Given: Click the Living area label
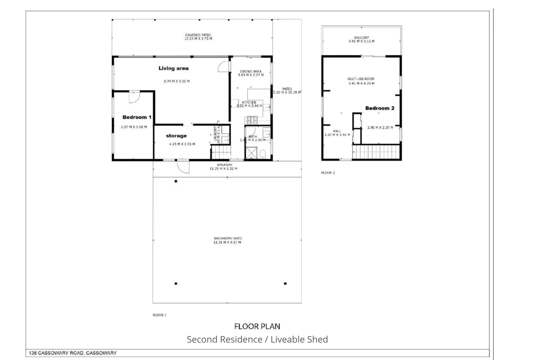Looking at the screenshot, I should (x=173, y=68).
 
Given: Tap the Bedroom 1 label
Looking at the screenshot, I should (x=137, y=117).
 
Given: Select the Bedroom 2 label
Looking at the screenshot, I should (x=380, y=108).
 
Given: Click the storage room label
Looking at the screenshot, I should (x=176, y=136).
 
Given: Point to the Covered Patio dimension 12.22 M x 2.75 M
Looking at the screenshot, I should (x=198, y=39).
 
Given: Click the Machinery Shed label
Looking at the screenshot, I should (x=228, y=239).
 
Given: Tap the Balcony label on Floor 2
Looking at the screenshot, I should (x=361, y=38).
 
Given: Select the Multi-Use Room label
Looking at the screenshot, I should (x=361, y=79).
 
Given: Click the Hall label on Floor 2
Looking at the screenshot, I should (x=337, y=131).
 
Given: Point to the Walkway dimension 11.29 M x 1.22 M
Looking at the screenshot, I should (x=223, y=169).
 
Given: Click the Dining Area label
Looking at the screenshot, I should (x=251, y=71).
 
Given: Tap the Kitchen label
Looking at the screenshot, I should (x=249, y=102).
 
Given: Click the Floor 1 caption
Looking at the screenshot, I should (x=159, y=315).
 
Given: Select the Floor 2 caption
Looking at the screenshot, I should (x=328, y=173).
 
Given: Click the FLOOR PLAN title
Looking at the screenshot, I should (x=257, y=326).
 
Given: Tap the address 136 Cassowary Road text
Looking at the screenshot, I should (x=73, y=353).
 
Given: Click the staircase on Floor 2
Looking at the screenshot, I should (x=376, y=152).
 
